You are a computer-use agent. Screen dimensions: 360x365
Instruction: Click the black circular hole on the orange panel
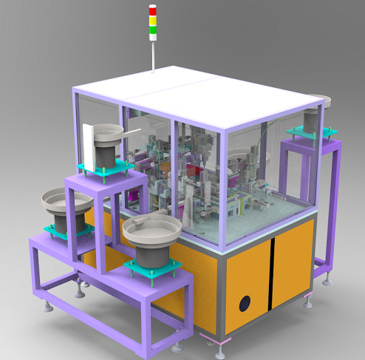coord(243,303)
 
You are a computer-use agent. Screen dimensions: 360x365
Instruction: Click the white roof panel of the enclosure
coord(192,93)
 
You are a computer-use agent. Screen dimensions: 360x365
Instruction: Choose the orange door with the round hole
coord(245,288)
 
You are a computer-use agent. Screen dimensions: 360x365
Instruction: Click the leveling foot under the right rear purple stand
coord(326,278)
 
